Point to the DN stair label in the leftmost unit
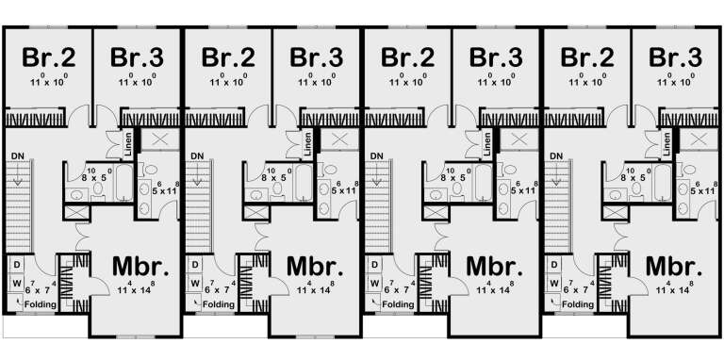click(17, 155)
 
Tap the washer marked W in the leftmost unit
click(17, 283)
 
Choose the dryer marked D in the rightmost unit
click(555, 265)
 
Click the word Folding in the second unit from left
click(218, 306)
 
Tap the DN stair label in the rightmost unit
click(556, 155)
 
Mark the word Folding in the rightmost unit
click(577, 306)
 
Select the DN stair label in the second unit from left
click(197, 155)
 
